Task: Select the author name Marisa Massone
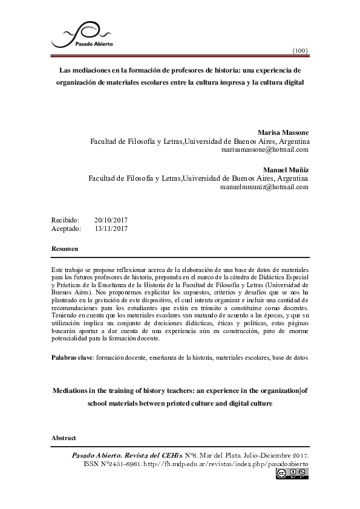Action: point(283,132)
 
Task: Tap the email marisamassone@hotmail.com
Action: point(266,149)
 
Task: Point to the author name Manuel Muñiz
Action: point(286,170)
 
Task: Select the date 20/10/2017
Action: point(111,220)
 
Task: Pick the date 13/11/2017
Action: point(111,229)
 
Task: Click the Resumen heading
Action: point(64,249)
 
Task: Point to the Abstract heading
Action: point(64,436)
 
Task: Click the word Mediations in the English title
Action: point(71,391)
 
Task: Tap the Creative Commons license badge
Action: point(292,475)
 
